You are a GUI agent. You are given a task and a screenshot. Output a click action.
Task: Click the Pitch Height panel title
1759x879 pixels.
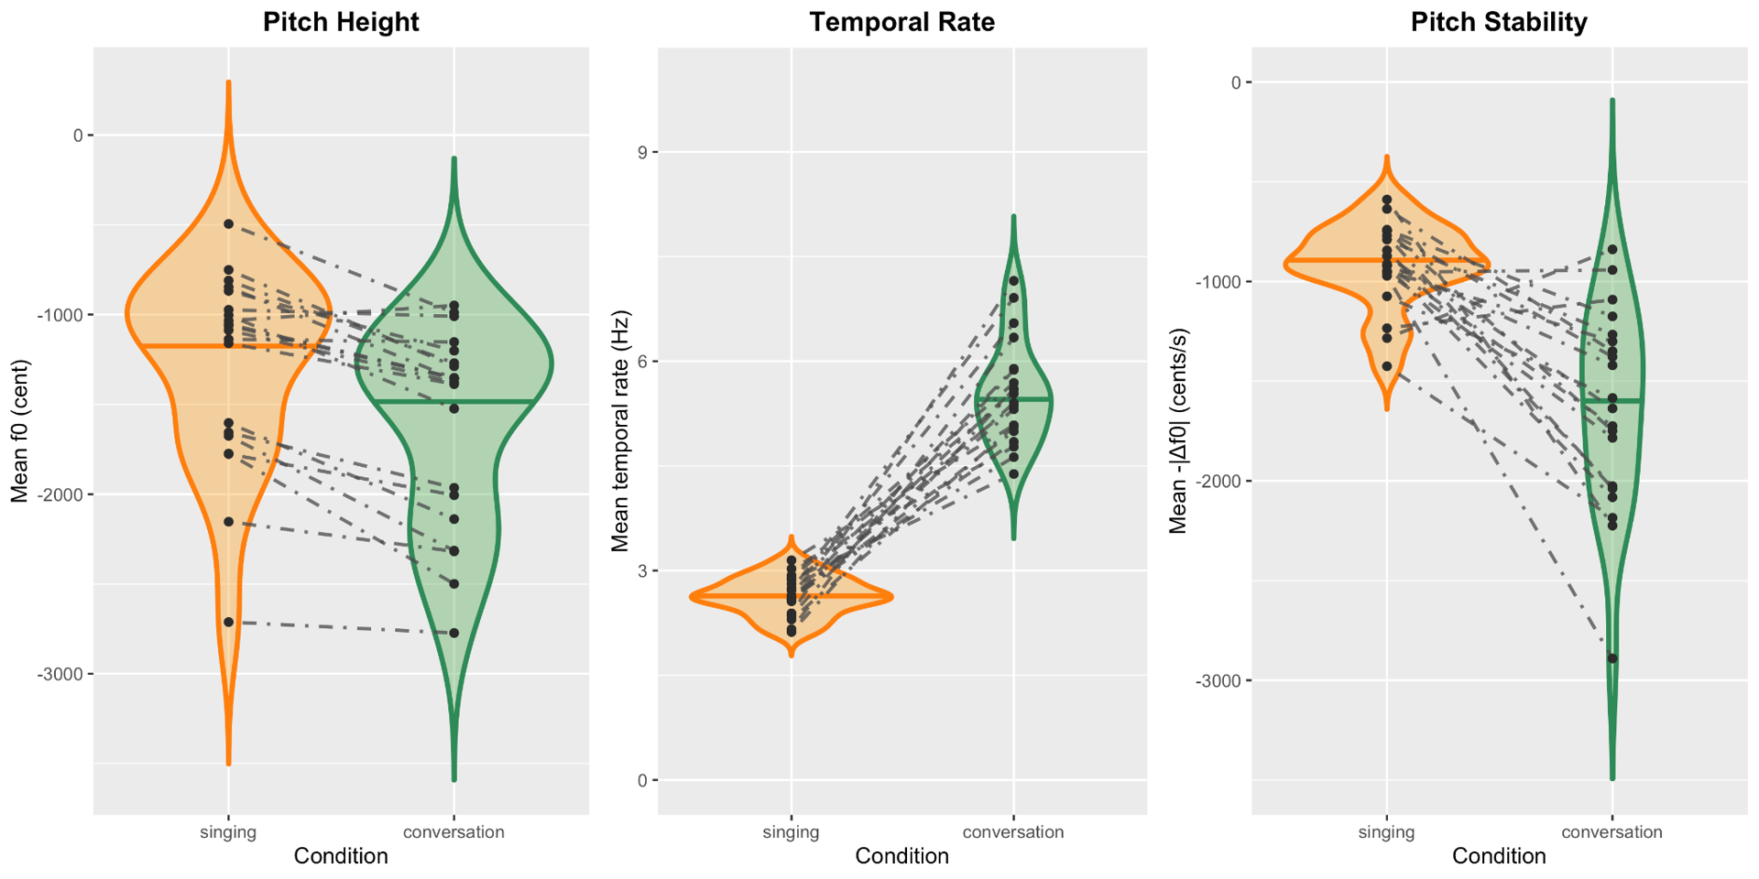click(x=341, y=22)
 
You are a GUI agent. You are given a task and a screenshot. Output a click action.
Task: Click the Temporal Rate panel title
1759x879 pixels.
click(x=901, y=22)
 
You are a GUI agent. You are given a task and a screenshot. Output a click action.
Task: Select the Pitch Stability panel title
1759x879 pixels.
click(x=1499, y=22)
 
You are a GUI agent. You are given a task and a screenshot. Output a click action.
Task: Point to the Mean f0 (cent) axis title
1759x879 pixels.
click(x=20, y=431)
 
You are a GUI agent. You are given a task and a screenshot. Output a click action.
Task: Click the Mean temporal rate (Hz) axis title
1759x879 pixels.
click(x=620, y=431)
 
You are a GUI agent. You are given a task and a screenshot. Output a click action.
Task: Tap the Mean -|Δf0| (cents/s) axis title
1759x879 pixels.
click(x=1178, y=431)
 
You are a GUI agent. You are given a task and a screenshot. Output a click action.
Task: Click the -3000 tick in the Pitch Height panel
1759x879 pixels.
click(x=60, y=675)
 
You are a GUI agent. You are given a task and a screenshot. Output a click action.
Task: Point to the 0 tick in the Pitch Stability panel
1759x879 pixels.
click(x=1236, y=82)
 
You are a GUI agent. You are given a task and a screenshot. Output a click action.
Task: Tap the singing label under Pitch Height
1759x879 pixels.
click(x=228, y=832)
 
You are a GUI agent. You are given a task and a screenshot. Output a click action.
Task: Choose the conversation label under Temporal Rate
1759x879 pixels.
click(x=1013, y=832)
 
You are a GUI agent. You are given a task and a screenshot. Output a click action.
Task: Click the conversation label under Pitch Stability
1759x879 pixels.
click(x=1612, y=832)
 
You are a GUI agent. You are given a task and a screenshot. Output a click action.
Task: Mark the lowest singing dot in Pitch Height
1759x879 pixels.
click(x=229, y=623)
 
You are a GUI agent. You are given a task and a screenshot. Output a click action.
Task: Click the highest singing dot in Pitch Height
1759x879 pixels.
click(x=229, y=224)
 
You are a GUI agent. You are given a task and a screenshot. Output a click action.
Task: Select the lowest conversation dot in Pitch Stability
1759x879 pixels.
click(x=1612, y=658)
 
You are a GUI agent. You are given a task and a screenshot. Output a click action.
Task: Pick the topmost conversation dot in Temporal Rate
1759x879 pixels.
click(x=1013, y=281)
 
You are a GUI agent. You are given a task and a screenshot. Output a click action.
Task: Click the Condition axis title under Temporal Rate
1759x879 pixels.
click(x=901, y=857)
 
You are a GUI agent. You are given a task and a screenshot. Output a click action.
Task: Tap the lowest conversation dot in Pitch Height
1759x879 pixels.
click(x=454, y=634)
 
